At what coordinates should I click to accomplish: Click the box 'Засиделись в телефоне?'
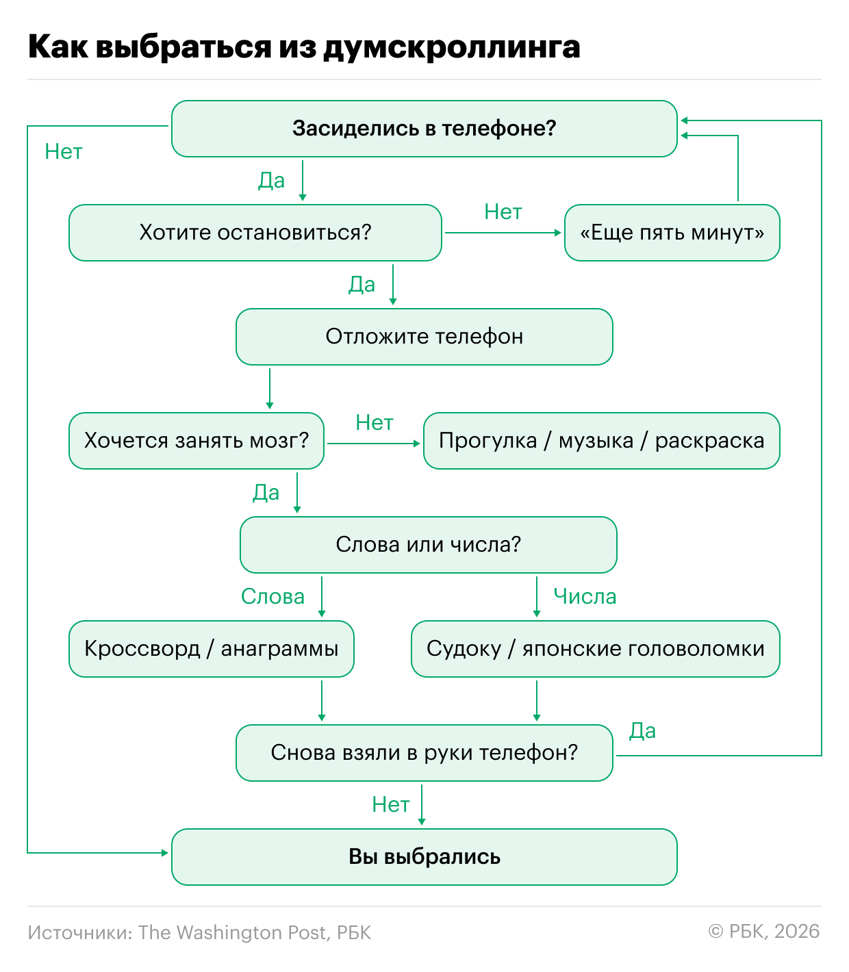click(x=424, y=128)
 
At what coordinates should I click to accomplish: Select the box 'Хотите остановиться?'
click(x=255, y=232)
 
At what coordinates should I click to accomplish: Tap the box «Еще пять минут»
click(x=672, y=232)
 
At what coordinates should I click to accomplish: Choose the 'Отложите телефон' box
click(x=424, y=336)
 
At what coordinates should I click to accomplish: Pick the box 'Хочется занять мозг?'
click(x=197, y=440)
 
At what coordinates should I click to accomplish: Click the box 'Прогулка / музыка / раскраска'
click(x=601, y=440)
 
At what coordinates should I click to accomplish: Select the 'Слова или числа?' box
click(x=428, y=544)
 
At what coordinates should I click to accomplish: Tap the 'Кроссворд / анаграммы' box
click(x=212, y=648)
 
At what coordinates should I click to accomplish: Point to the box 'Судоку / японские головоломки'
click(x=595, y=648)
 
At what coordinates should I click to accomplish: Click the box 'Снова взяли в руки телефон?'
click(x=424, y=752)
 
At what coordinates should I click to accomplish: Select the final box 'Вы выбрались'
click(x=424, y=856)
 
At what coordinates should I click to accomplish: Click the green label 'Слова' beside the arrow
click(x=273, y=597)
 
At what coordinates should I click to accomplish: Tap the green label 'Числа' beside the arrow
click(x=585, y=597)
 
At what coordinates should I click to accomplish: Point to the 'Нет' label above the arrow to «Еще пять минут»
click(x=503, y=212)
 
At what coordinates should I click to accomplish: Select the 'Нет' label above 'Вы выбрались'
click(x=390, y=805)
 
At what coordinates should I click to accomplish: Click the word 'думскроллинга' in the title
click(x=451, y=47)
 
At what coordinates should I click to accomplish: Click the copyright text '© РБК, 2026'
click(x=764, y=932)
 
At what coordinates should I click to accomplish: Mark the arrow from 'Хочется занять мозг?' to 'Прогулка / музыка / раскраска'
click(x=373, y=444)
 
